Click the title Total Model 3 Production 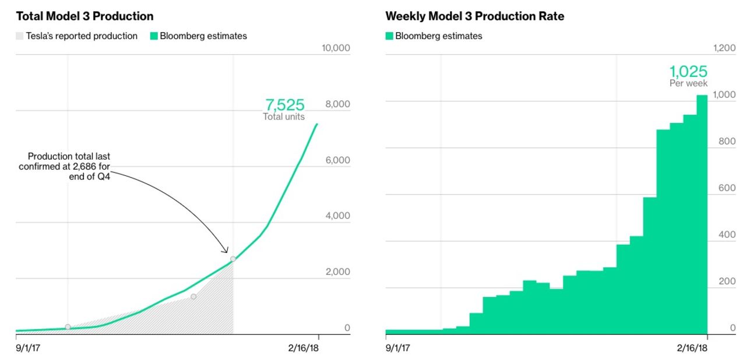(x=85, y=16)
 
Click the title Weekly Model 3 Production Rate (x=474, y=16)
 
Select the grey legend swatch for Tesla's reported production (x=20, y=36)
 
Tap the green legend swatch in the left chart (x=154, y=36)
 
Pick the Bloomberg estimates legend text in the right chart (x=438, y=36)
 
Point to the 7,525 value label (x=284, y=105)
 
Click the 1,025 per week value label (x=688, y=72)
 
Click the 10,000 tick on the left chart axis (x=336, y=48)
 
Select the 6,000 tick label (x=337, y=160)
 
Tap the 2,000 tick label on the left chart (x=337, y=272)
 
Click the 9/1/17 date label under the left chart (x=28, y=348)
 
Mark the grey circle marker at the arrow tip (x=233, y=259)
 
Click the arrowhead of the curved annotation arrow (x=226, y=251)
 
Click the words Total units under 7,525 (x=283, y=117)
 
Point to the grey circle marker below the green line (x=193, y=297)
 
